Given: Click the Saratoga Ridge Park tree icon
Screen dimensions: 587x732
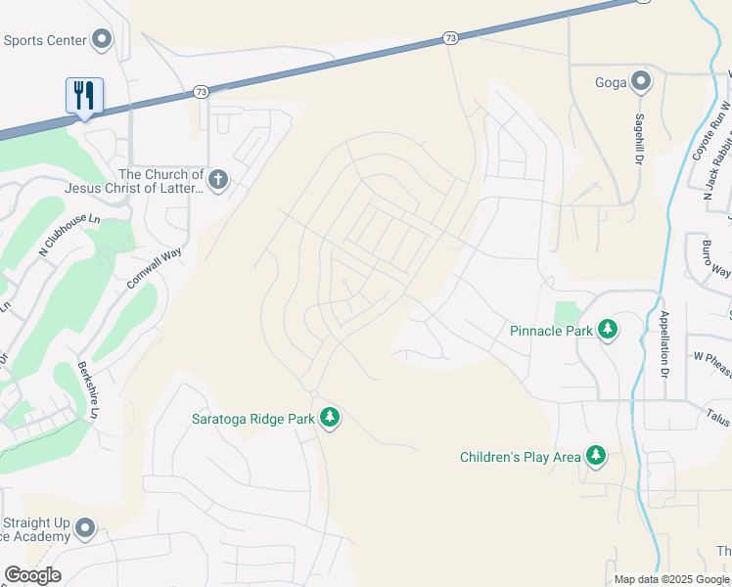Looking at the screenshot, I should tap(330, 418).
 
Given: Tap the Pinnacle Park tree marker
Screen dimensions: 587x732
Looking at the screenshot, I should tap(608, 330).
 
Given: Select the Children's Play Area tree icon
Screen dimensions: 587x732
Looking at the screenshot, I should tap(595, 456).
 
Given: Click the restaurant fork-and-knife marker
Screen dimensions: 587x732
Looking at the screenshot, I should tap(84, 96).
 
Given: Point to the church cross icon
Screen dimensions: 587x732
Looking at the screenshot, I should tap(217, 179).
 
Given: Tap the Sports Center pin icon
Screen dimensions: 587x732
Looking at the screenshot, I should tap(102, 40).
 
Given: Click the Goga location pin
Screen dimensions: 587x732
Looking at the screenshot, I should tap(641, 81).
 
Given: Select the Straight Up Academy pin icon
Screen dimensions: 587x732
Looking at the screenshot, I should tap(85, 528).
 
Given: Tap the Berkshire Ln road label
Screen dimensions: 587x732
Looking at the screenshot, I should tap(90, 390).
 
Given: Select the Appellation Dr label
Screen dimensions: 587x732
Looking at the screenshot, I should tap(663, 343).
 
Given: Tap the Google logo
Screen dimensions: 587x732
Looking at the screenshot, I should tap(32, 575).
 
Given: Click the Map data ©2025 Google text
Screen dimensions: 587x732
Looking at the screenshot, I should tap(670, 579).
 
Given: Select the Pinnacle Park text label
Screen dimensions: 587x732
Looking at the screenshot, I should tap(552, 331).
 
